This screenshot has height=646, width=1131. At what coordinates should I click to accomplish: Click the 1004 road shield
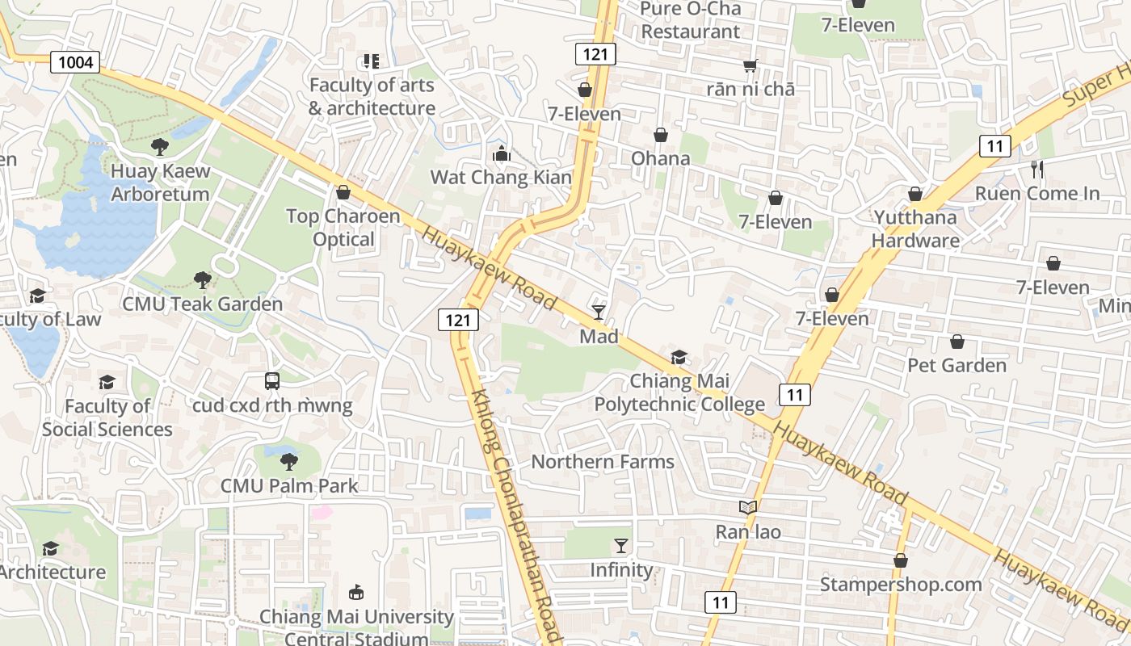75,61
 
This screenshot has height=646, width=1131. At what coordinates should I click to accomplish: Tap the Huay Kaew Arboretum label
160,182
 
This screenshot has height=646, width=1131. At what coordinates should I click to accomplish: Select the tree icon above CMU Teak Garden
203,280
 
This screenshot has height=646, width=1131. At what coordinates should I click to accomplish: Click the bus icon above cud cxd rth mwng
272,381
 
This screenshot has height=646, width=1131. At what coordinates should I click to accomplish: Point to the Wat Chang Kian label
500,178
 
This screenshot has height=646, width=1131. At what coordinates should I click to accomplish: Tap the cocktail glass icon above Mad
599,312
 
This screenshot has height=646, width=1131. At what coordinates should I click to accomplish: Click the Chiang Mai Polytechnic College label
679,392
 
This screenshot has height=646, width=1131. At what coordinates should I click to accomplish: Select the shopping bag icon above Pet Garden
957,342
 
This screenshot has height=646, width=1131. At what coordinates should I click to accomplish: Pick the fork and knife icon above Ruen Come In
1037,170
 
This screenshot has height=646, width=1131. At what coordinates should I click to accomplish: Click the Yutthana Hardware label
915,229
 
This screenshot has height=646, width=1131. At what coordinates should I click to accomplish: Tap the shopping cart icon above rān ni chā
750,65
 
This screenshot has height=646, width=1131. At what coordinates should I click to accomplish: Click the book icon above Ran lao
748,508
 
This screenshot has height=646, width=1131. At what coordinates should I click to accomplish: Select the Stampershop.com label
901,584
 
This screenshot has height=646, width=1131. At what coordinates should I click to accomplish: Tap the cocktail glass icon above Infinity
620,546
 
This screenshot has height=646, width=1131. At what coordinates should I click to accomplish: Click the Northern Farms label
602,462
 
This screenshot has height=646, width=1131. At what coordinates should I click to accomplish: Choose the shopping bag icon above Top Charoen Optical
343,192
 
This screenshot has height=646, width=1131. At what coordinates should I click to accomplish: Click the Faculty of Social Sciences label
107,417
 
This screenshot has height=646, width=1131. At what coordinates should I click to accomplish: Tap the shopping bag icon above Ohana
661,135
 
